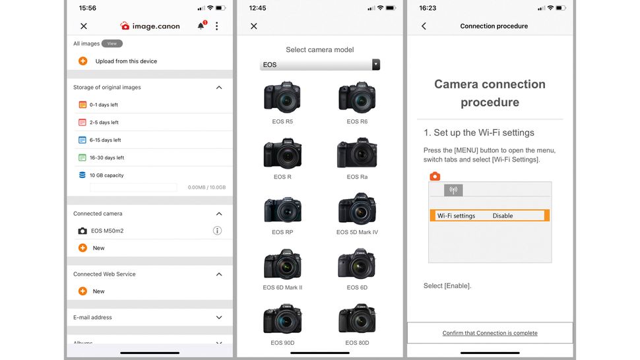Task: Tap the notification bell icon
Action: coord(201,26)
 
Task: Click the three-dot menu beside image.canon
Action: coord(217,26)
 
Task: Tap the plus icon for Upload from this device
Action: coord(82,61)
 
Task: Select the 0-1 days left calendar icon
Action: coord(82,105)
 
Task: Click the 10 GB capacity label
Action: coord(106,175)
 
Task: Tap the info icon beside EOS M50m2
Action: coord(217,231)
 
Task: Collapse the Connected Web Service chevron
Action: coord(219,274)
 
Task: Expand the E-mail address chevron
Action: coord(219,318)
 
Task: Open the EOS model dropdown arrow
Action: coord(376,65)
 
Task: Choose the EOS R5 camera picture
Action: coord(282,98)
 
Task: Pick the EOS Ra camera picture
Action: coord(357,153)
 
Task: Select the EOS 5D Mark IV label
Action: coord(357,232)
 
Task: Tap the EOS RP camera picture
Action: coord(282,208)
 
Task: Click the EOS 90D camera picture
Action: coord(282,319)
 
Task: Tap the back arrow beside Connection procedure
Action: coord(424,26)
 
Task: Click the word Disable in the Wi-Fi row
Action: coord(503,216)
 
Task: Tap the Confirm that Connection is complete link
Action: coord(490,333)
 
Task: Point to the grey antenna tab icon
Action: coord(453,190)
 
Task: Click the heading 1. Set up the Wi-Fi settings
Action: coord(478,133)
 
